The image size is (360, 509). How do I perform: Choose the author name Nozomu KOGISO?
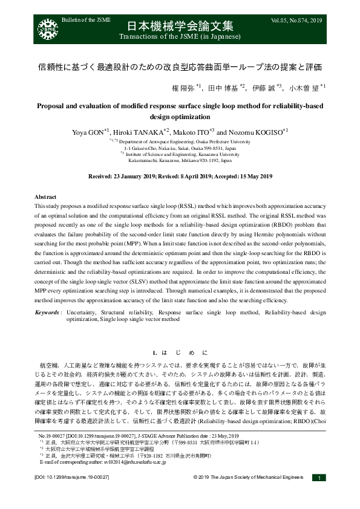point(257,132)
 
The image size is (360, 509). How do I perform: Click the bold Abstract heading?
point(46,198)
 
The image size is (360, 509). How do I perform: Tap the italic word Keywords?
point(47,312)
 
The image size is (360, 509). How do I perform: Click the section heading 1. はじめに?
point(180,352)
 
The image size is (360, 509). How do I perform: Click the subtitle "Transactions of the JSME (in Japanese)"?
point(180,37)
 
